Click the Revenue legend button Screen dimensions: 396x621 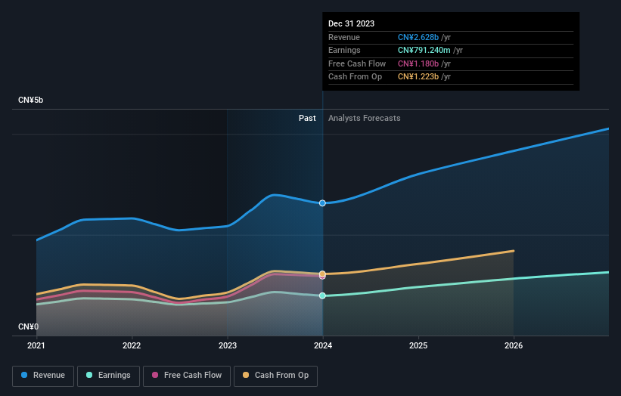44,375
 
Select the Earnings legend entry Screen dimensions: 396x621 108,375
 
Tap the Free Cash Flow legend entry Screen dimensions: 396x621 187,375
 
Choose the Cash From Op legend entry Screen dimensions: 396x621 276,375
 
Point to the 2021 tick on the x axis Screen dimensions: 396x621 36,345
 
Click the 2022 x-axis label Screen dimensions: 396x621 132,345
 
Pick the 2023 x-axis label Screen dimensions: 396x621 228,345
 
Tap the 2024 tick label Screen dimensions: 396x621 323,345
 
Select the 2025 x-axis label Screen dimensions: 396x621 418,345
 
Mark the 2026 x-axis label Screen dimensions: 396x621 514,345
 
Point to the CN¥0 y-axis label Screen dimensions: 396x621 29,326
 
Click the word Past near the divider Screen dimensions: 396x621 307,118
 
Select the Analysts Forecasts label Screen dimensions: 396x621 364,118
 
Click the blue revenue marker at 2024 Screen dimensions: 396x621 323,203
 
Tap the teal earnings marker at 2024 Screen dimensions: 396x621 323,295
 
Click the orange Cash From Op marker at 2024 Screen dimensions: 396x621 323,274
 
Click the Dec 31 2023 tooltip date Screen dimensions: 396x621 351,24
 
